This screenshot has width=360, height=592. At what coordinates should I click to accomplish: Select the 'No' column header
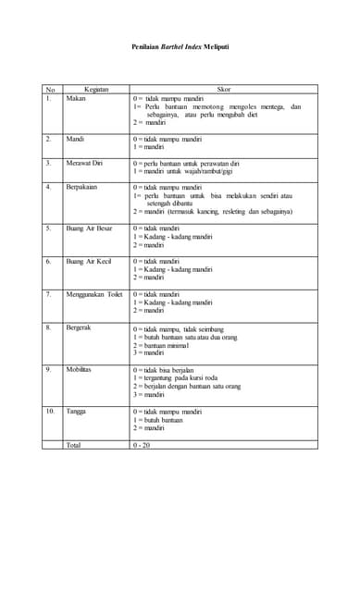pyautogui.click(x=50, y=90)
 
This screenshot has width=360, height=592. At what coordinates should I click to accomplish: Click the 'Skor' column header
pyautogui.click(x=223, y=90)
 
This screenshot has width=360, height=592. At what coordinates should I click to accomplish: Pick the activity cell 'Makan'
pyautogui.click(x=76, y=98)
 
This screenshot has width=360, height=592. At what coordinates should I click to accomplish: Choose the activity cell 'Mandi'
pyautogui.click(x=75, y=139)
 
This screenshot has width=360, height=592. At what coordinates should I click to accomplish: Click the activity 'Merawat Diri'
pyautogui.click(x=84, y=163)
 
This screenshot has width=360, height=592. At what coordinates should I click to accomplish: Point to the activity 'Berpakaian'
pyautogui.click(x=82, y=187)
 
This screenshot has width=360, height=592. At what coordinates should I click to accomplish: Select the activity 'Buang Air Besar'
pyautogui.click(x=89, y=228)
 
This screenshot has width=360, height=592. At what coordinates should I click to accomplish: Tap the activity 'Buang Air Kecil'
pyautogui.click(x=89, y=262)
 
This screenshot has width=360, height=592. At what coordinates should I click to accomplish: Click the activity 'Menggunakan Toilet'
pyautogui.click(x=94, y=294)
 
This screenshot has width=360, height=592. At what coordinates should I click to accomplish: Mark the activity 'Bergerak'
pyautogui.click(x=79, y=327)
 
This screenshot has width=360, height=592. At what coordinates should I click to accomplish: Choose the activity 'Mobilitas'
pyautogui.click(x=79, y=369)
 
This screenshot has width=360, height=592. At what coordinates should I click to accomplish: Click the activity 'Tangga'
pyautogui.click(x=76, y=411)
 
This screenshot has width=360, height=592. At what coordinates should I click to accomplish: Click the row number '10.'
pyautogui.click(x=50, y=411)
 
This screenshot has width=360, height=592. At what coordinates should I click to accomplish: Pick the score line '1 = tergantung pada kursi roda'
pyautogui.click(x=180, y=377)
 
